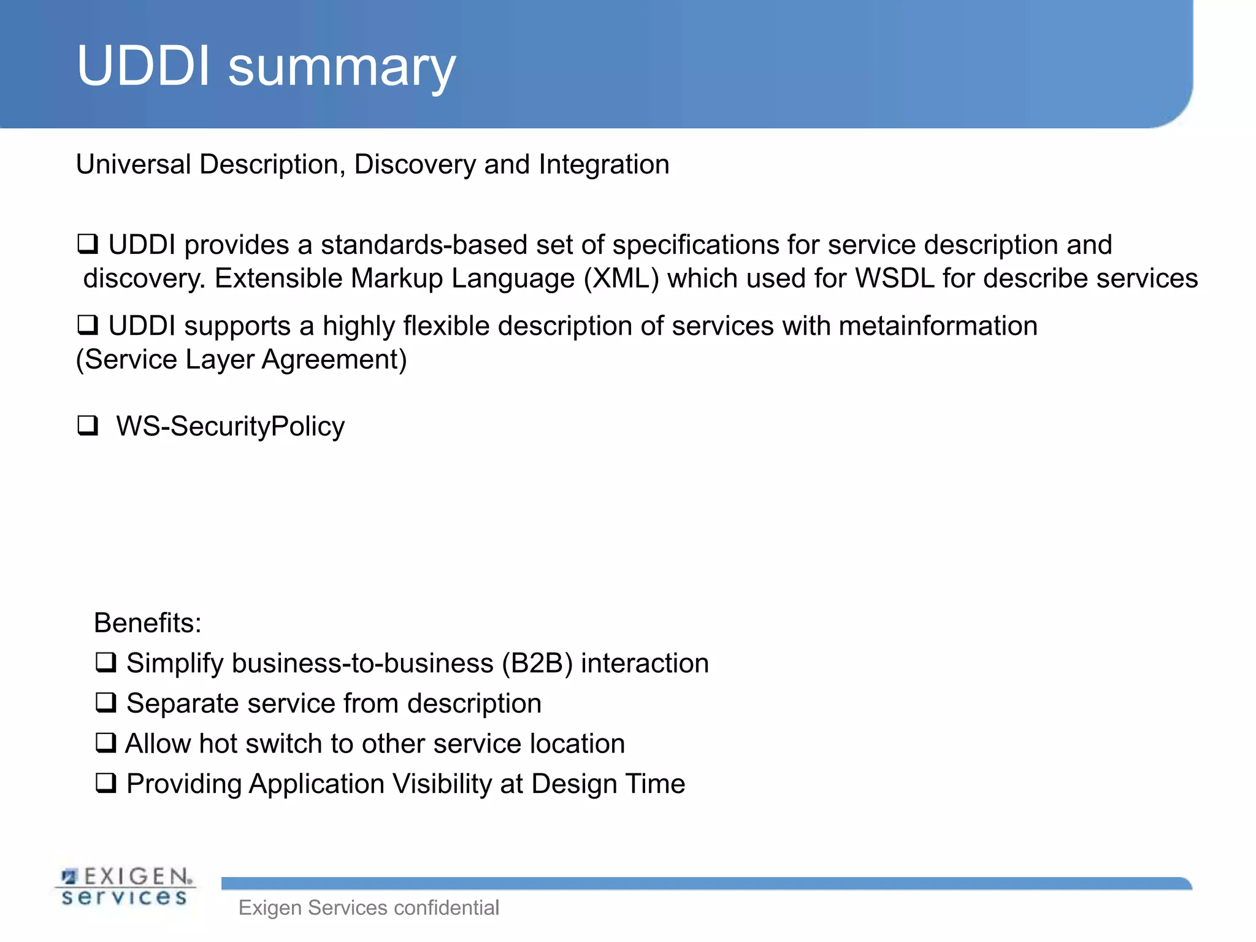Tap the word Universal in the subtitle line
click(x=134, y=164)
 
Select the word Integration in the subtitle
click(x=603, y=164)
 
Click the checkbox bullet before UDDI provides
click(x=88, y=244)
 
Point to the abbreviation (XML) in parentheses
click(x=621, y=278)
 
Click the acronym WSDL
click(x=894, y=278)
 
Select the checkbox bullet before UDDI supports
click(x=88, y=325)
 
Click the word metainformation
click(x=938, y=326)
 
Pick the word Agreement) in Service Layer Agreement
click(x=334, y=359)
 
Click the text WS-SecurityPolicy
click(x=230, y=426)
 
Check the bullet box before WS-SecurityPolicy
click(x=88, y=425)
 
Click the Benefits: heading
click(x=147, y=623)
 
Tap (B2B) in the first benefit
click(x=537, y=664)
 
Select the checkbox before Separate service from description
click(x=105, y=703)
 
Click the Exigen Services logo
click(x=126, y=886)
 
